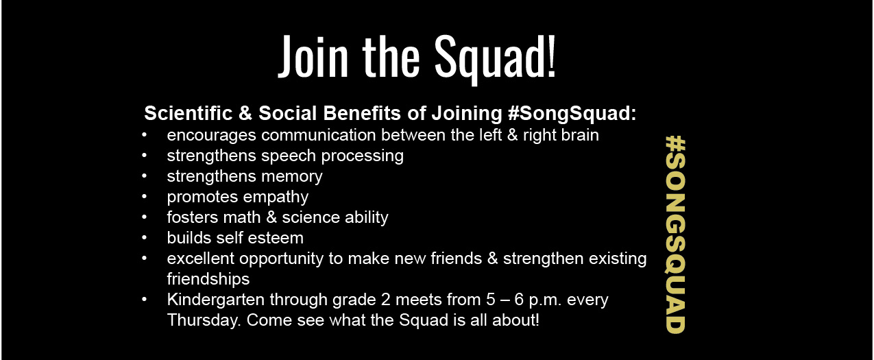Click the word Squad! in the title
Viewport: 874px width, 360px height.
[495, 58]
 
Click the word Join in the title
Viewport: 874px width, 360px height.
[313, 57]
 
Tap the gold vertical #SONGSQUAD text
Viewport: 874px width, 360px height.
[675, 235]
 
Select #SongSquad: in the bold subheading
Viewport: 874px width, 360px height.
[572, 114]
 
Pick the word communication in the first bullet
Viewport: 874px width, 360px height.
[318, 135]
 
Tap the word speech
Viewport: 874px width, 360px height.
[289, 156]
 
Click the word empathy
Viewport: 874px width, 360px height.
[276, 197]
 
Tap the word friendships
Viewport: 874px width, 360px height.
[208, 280]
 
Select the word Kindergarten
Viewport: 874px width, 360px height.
[216, 300]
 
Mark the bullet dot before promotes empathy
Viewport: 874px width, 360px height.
[145, 196]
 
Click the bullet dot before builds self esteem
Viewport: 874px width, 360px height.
[145, 237]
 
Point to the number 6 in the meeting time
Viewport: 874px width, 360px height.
[519, 300]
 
